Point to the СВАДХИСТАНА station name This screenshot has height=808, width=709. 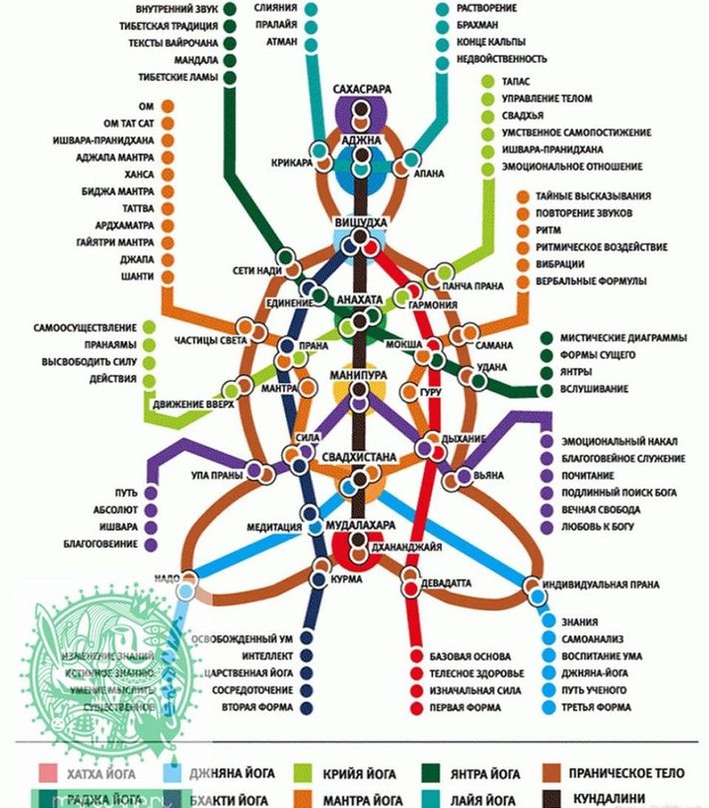coord(359,458)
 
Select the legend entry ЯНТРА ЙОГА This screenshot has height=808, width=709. coord(486,774)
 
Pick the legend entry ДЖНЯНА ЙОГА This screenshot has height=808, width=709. coord(224,774)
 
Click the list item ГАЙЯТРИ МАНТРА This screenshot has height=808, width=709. coord(114,242)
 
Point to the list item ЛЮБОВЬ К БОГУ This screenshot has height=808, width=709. coord(604,526)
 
